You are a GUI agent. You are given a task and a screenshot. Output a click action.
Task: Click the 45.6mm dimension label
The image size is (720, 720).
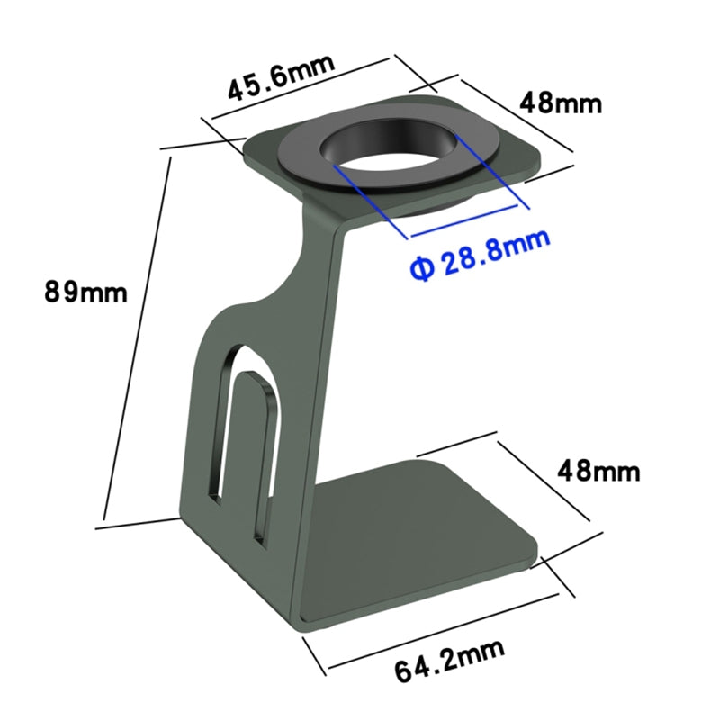pyautogui.click(x=281, y=77)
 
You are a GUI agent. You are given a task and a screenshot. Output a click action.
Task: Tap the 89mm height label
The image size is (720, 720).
pyautogui.click(x=85, y=292)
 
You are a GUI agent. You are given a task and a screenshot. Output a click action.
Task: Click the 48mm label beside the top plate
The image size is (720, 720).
pyautogui.click(x=561, y=103)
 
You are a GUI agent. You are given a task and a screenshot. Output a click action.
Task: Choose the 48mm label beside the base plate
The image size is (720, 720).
pyautogui.click(x=598, y=471)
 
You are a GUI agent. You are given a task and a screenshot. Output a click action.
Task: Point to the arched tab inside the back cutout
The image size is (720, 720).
pyautogui.click(x=258, y=454)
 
